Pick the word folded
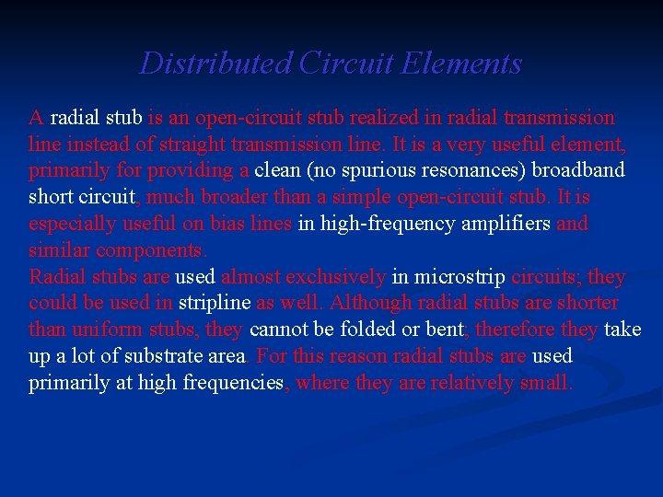[x=380, y=329]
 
